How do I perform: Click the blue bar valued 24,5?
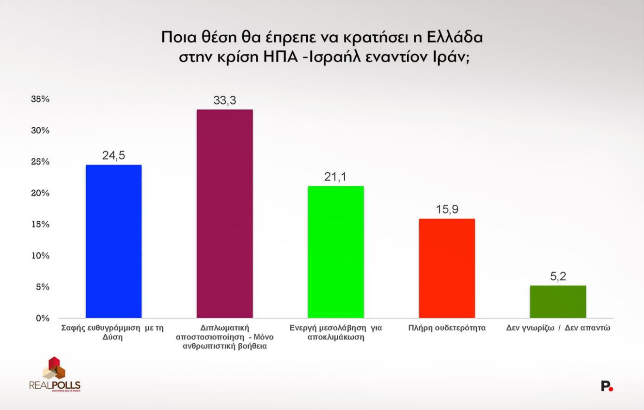tap(114, 241)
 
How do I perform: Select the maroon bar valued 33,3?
tap(225, 214)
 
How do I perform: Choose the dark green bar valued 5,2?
tap(558, 302)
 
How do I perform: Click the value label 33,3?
tap(225, 100)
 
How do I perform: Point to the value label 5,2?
tap(558, 277)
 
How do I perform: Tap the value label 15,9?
tap(447, 209)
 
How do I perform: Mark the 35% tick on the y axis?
tap(40, 99)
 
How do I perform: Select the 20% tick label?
tap(40, 193)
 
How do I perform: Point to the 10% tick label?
tap(40, 256)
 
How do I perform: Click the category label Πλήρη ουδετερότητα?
tap(447, 328)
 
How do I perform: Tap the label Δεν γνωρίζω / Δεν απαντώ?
tap(558, 328)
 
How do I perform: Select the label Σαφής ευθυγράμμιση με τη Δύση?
tap(113, 332)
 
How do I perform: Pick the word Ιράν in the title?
tap(450, 57)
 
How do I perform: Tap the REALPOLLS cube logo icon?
tap(54, 368)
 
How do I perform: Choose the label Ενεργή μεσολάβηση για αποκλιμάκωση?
tap(335, 332)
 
